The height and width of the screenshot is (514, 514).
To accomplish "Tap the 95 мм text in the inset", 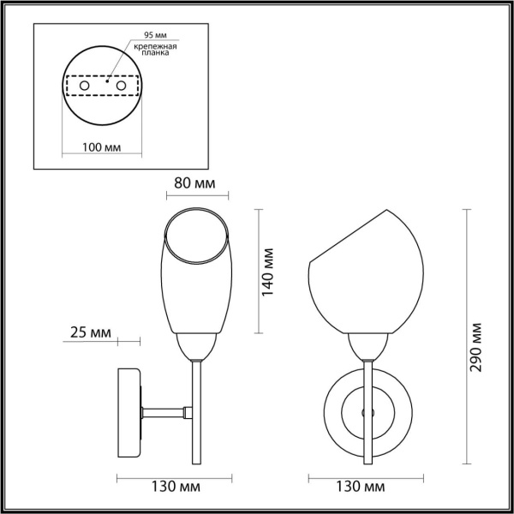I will click(155, 35).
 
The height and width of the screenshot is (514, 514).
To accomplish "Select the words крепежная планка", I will click(160, 49).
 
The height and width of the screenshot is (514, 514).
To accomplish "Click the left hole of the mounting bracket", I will click(83, 87).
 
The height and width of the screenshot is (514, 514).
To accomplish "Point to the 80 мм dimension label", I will click(196, 184).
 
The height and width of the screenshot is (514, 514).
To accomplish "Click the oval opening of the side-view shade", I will click(197, 236).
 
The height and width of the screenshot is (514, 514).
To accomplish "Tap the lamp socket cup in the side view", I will click(196, 346).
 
